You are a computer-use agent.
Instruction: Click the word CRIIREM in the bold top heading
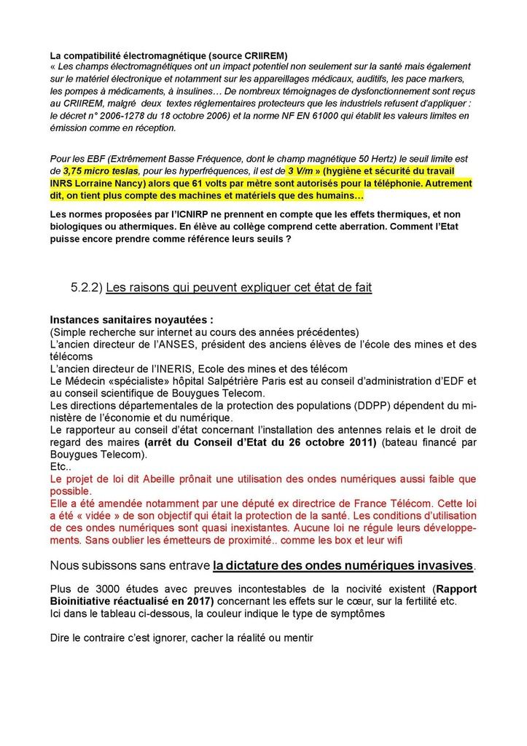[265, 55]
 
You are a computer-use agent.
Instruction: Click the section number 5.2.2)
[86, 288]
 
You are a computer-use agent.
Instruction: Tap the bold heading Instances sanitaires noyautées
[131, 320]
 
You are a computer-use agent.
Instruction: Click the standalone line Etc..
[60, 467]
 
